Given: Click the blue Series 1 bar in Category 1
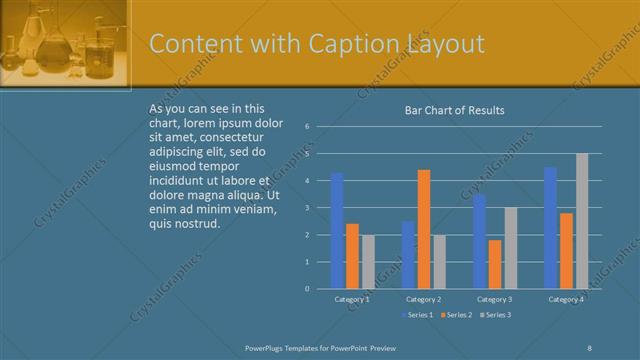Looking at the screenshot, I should coord(337,231).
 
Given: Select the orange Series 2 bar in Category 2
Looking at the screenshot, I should coord(424,229).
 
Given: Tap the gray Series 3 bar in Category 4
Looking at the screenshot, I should coord(582,221).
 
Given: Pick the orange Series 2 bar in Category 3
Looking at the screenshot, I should coord(495,264).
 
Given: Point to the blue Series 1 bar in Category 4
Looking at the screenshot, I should coord(550,228).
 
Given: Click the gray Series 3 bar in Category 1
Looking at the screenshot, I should coord(367,262).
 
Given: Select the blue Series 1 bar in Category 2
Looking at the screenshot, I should coord(408,255).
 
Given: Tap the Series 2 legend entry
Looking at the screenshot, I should coord(456,316).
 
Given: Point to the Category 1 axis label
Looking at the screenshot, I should coord(352,299).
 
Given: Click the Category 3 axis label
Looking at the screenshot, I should coord(495,299).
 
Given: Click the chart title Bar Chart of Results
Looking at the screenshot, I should coord(454,110).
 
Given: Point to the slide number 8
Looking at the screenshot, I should coord(590,347).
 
